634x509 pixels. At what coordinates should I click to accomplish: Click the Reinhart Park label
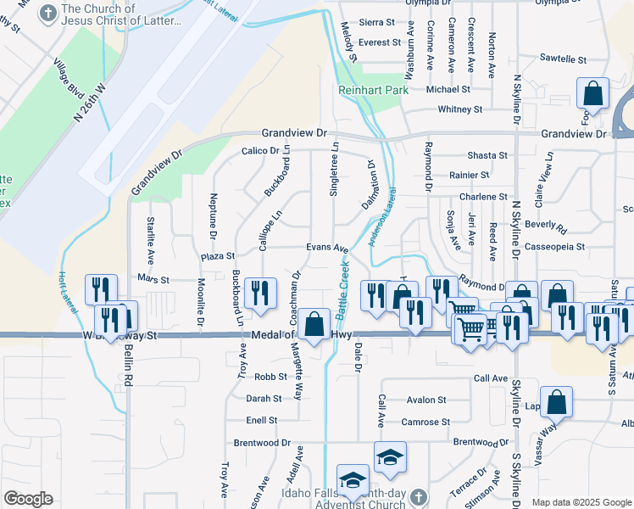point(373,90)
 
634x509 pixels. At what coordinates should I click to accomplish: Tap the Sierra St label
point(378,24)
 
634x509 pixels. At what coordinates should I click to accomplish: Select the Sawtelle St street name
point(563,60)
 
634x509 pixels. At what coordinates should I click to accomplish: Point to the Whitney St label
point(459,109)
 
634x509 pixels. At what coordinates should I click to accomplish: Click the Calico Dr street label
point(259,151)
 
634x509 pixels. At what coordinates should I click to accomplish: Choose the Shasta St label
point(487,156)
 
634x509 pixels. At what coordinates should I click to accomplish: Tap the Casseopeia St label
point(555,247)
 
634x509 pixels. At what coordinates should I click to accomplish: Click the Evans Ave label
point(327,249)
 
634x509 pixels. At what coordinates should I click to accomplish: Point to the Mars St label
point(153,279)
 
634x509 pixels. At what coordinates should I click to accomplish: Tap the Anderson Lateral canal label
point(381,218)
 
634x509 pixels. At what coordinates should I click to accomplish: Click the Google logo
point(28,498)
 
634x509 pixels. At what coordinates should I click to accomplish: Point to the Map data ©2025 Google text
point(581,502)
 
